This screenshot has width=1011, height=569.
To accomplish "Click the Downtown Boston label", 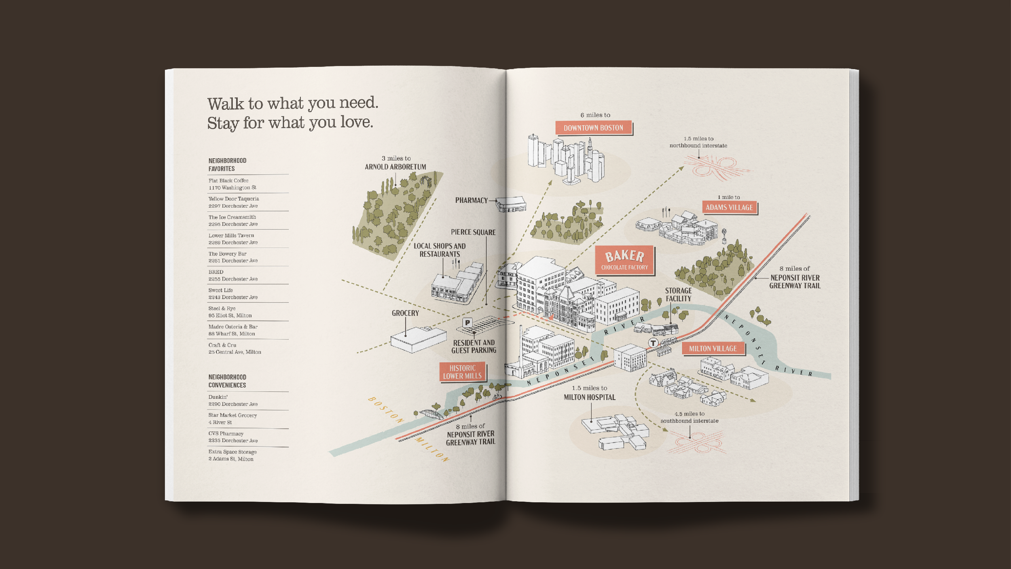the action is tap(593, 128).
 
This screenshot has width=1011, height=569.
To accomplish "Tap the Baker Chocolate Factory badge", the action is tap(624, 260).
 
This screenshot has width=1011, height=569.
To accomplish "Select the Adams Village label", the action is tap(729, 208).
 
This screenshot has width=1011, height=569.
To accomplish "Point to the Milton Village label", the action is tap(713, 348).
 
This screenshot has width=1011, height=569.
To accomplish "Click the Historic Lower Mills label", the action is tap(462, 372).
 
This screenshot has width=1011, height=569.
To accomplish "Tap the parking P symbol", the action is tap(467, 323).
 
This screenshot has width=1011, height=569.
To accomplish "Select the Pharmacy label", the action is tap(471, 200).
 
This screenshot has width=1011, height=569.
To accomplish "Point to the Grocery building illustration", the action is tap(418, 339).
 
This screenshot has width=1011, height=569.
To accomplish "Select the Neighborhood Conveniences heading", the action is tap(227, 381).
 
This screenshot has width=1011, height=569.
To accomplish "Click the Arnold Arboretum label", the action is tap(395, 167).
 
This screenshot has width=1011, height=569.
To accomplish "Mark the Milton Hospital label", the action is tap(590, 397).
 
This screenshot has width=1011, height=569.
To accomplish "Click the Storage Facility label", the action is tap(678, 295).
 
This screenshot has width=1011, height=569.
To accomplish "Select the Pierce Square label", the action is tap(473, 232).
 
